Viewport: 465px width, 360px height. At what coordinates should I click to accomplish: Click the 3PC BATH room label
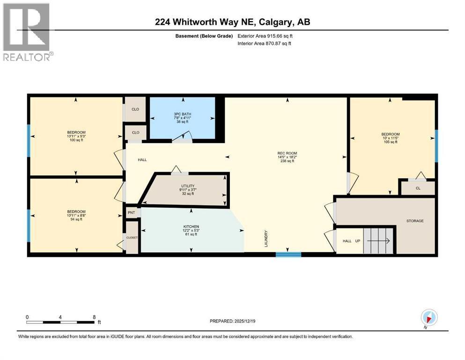pos(182,114)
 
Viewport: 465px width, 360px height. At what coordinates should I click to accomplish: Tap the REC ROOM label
pos(287,153)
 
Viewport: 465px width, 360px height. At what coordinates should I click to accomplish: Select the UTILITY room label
pos(188,186)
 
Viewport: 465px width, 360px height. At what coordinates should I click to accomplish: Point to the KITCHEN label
pos(191,226)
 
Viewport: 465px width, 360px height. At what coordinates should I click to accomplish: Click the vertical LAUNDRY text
pos(266,239)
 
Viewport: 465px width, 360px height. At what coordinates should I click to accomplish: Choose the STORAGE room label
pos(415,221)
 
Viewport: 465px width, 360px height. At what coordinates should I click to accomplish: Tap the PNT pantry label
pos(132,212)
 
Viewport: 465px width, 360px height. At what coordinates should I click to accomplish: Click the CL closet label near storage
pos(418,188)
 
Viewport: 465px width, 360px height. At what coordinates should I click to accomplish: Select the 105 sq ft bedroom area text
pos(390,142)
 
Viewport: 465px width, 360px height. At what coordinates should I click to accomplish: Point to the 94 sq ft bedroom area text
pos(76,219)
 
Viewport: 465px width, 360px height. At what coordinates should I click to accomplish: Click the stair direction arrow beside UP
pos(378,241)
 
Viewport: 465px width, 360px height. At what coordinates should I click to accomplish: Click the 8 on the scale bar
pos(94,317)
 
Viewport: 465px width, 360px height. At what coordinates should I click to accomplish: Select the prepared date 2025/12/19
pos(244,321)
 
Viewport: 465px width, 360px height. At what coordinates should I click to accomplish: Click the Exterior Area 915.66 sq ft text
pos(265,36)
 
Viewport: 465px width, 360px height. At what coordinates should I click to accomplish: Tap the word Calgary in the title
pos(274,22)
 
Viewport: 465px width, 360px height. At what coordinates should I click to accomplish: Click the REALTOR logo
pos(28,32)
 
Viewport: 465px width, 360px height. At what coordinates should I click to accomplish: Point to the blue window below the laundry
pos(288,255)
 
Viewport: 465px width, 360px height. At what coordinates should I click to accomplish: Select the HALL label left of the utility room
pos(142,160)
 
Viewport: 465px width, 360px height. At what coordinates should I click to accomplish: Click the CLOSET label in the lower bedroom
pos(132,238)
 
